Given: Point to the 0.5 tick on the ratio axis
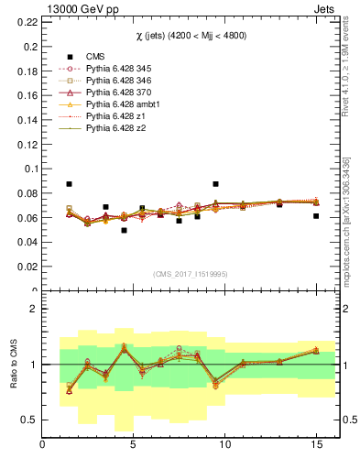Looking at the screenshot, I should [29, 420].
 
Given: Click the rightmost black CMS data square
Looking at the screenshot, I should [316, 216].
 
